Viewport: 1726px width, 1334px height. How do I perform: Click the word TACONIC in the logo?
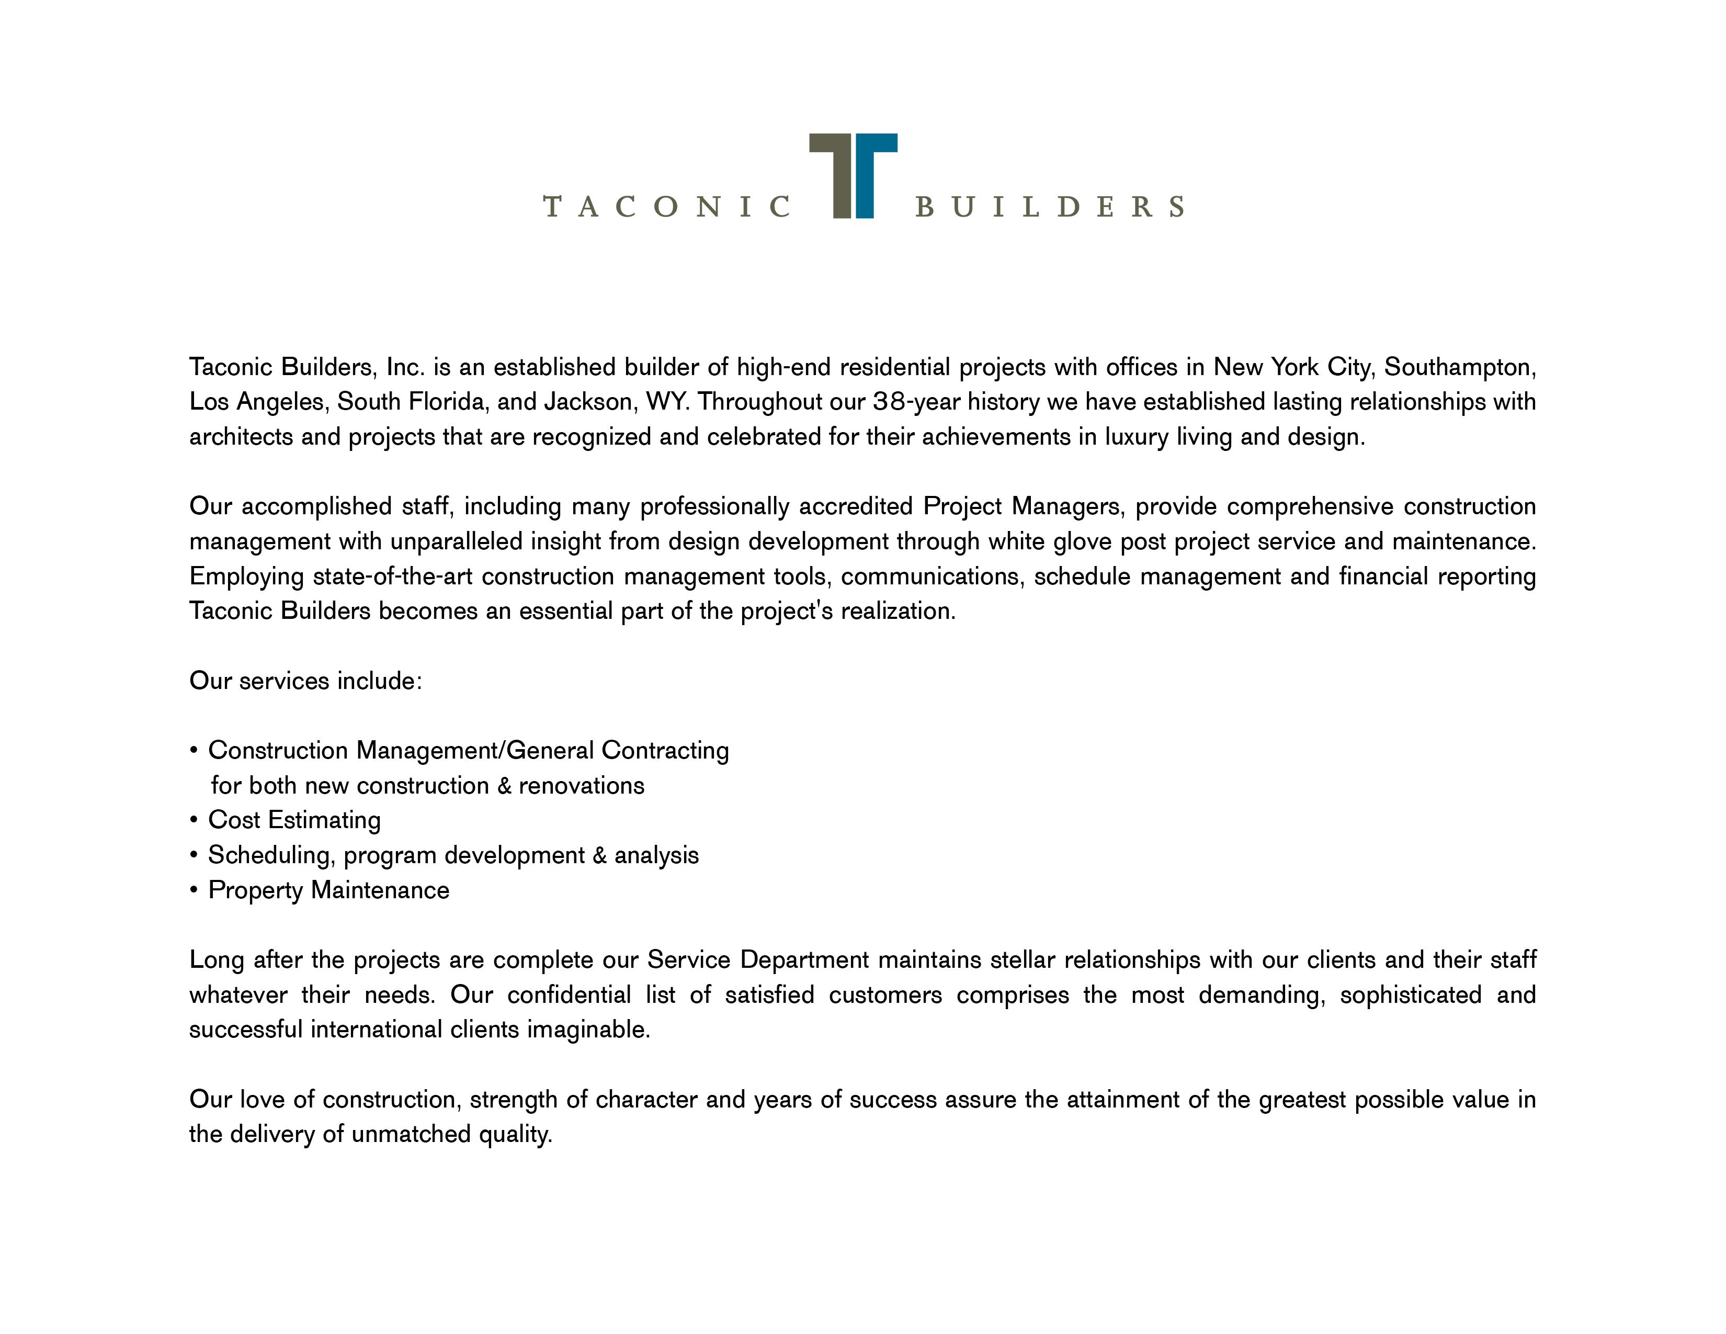(666, 207)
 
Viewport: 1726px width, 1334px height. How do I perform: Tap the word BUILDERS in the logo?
(1050, 207)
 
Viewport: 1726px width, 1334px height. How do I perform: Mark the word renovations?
(581, 786)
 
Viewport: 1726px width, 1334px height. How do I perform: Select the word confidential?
(569, 995)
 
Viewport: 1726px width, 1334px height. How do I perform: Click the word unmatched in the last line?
(411, 1135)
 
